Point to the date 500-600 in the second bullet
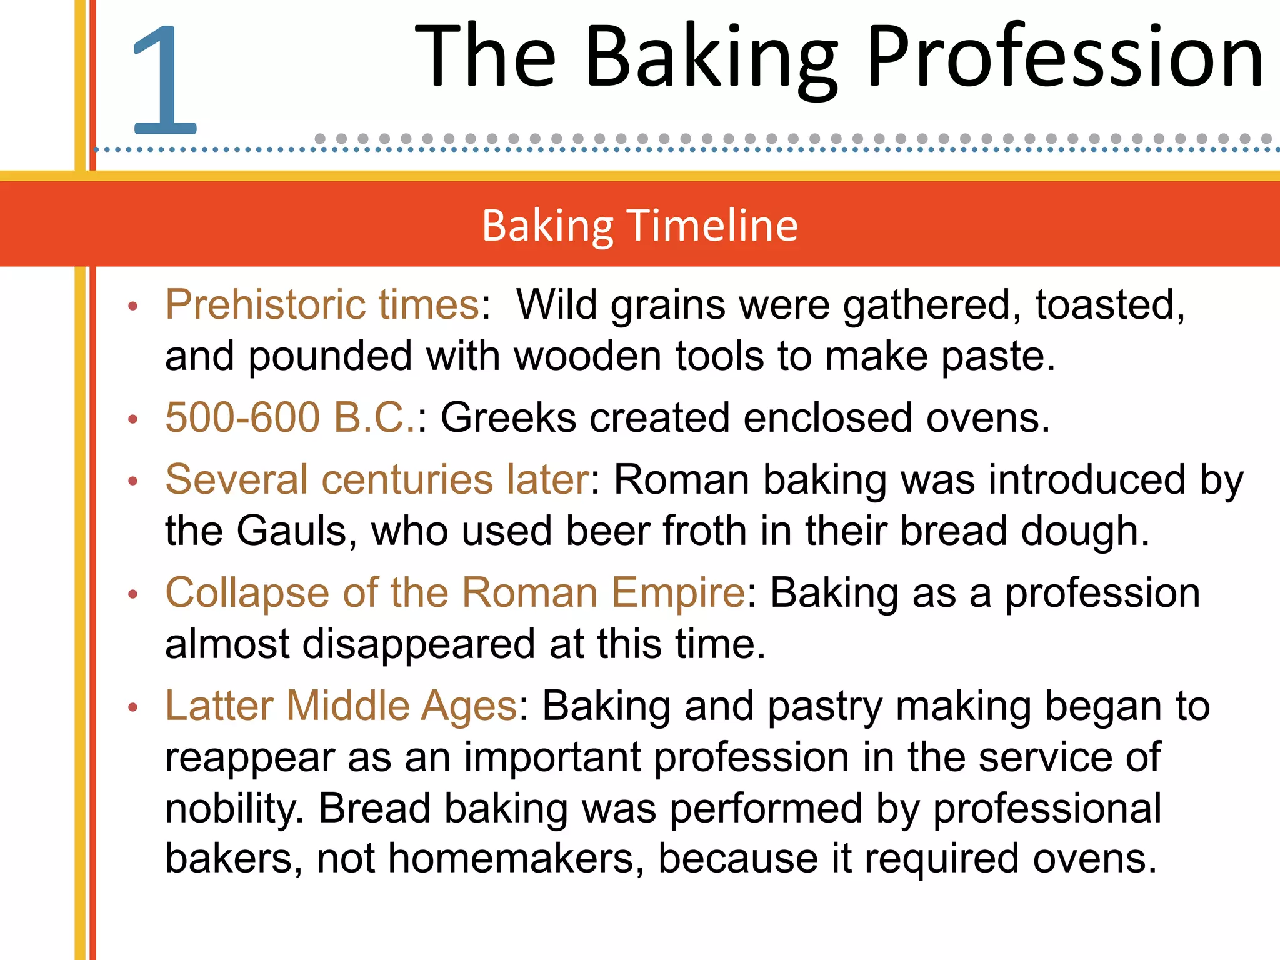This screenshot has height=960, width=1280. click(242, 417)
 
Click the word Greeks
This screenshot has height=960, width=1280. click(508, 417)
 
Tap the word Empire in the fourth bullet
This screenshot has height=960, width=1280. click(677, 592)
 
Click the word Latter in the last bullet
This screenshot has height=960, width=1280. click(219, 706)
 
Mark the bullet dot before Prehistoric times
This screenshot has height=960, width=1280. click(132, 306)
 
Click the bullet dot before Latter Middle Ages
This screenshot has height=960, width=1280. click(132, 707)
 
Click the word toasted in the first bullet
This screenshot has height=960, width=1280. click(1109, 305)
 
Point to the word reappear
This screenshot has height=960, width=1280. click(250, 758)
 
